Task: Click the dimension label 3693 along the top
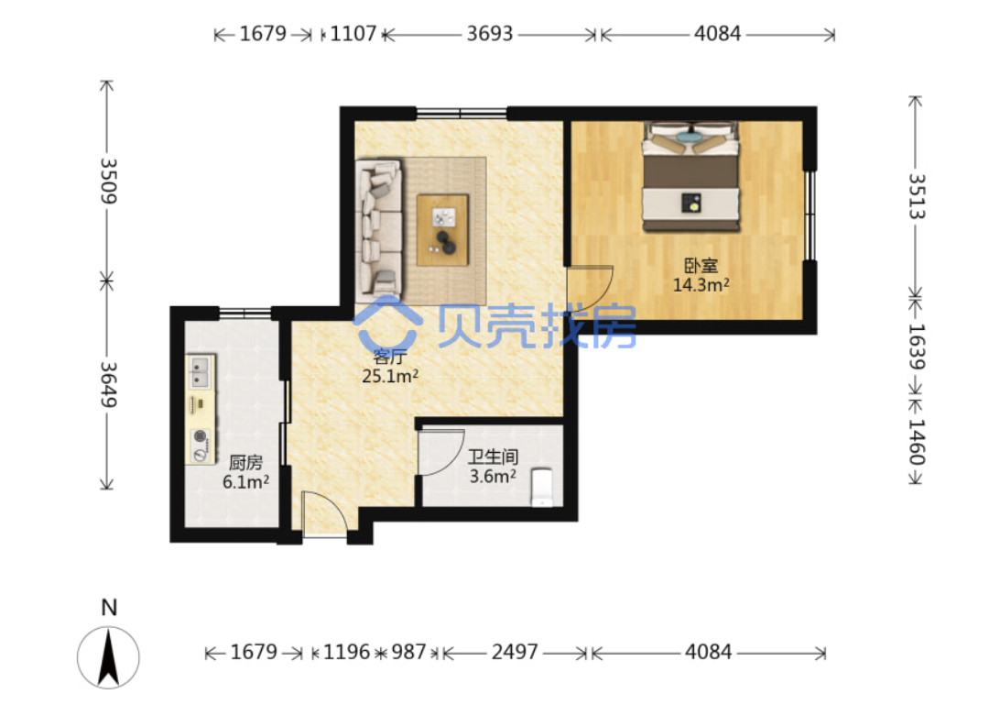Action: [489, 34]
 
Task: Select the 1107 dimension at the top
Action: [353, 34]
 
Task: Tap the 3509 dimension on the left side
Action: [108, 182]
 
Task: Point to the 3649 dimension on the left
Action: [108, 384]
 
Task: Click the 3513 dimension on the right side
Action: [916, 196]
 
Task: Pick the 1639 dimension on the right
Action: [916, 346]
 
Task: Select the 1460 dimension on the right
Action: [916, 442]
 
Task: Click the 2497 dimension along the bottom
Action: [515, 652]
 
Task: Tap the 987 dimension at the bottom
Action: [408, 652]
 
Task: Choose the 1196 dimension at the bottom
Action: [346, 652]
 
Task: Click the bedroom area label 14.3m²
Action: [701, 285]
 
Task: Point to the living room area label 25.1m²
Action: [390, 376]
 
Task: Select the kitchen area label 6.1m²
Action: [245, 481]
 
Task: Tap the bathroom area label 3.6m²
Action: [493, 476]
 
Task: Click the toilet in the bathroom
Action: [542, 488]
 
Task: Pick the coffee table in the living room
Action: [443, 230]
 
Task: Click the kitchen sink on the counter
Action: [201, 371]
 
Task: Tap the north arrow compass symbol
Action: [108, 657]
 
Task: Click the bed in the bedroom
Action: [690, 176]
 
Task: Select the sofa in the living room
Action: [378, 227]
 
